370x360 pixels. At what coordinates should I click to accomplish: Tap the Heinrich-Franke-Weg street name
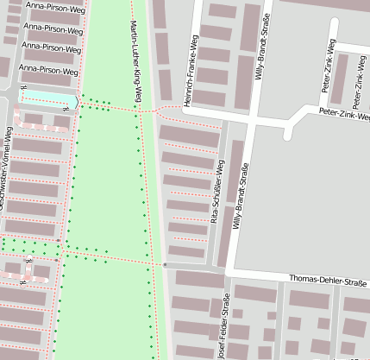coord(197,65)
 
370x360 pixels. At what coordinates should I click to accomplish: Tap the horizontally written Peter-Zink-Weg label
coord(343,113)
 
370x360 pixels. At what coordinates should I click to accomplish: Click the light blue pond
coord(47,99)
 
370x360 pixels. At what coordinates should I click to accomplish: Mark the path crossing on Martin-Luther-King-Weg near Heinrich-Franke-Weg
coord(139,111)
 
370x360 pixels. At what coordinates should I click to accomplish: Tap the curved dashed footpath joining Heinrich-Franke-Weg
coord(169,109)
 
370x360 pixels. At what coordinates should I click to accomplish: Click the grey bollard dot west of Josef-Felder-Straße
coord(164,263)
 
